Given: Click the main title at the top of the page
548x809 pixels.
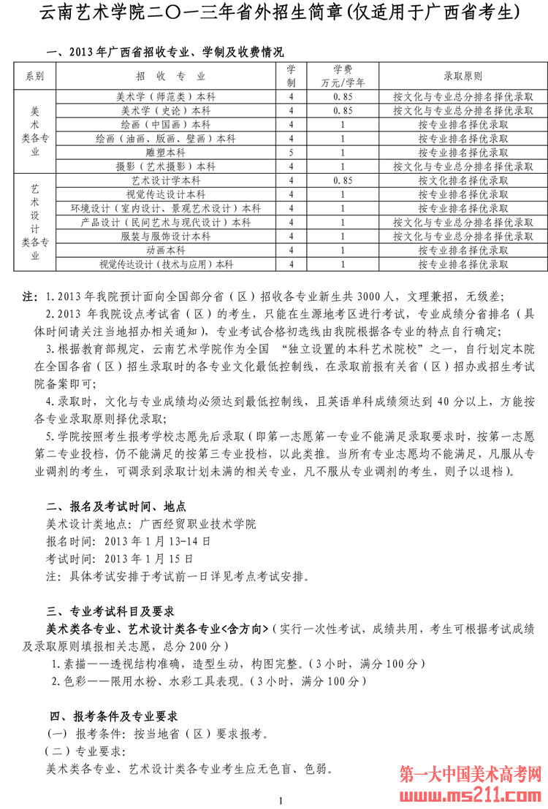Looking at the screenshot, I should pos(274,12).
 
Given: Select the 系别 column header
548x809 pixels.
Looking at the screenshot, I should pos(34,76).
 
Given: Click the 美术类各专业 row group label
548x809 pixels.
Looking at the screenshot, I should pos(34,131).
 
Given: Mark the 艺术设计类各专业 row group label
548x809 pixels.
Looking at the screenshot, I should pos(34,222).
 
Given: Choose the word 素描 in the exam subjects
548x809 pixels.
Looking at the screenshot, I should pos(73,664).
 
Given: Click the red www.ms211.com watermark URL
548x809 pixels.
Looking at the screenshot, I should pos(471,791).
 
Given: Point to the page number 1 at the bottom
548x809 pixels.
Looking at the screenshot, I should pos(280,801).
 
